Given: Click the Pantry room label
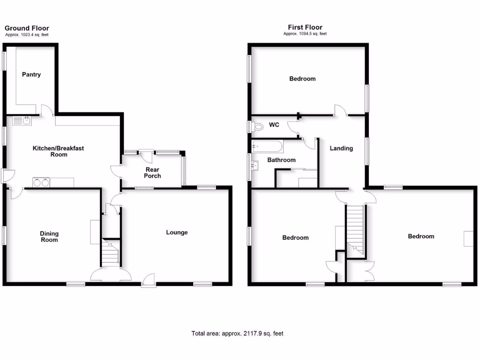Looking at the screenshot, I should [31, 75].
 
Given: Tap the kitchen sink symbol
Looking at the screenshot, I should [22, 121].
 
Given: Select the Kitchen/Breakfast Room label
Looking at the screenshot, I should [58, 151].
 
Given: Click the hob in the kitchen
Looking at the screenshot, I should [40, 182].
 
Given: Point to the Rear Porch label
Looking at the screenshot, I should [152, 173].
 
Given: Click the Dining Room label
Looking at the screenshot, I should [49, 237].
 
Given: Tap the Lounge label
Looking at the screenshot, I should [177, 232].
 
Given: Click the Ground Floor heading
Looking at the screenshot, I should [27, 29].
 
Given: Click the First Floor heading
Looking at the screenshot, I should [305, 28].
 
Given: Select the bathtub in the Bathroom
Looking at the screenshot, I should [267, 147].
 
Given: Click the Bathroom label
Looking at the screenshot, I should [281, 160].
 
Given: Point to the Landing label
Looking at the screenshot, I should [341, 149].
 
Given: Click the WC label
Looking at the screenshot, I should [274, 125].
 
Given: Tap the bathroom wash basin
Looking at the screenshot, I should [255, 165].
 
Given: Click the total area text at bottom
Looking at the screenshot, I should [237, 334].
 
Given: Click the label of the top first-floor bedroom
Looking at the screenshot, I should [302, 79].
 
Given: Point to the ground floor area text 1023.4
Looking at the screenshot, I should [27, 35].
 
